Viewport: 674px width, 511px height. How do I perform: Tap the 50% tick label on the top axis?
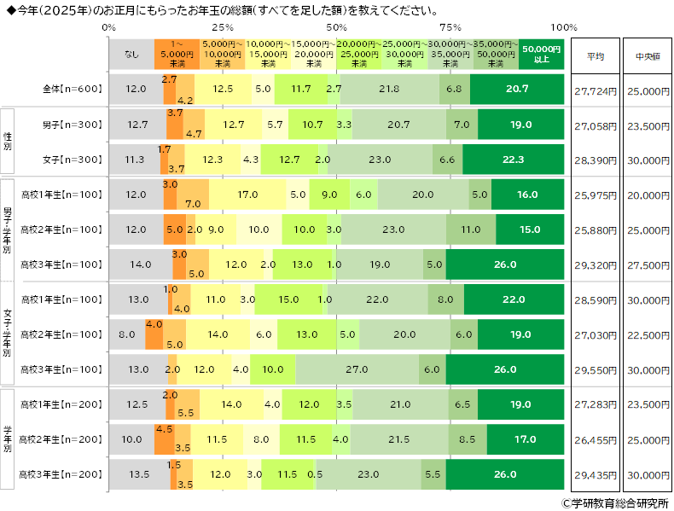(336, 27)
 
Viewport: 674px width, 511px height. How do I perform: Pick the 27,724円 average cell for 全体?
(596, 89)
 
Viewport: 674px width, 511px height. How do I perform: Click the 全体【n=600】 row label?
(73, 89)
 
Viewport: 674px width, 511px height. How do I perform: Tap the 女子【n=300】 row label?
(73, 160)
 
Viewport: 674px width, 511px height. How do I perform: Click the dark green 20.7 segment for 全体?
(516, 89)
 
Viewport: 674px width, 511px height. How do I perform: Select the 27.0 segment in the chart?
(357, 369)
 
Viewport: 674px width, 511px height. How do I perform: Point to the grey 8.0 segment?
(127, 334)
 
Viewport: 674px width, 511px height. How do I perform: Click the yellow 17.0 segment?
(247, 195)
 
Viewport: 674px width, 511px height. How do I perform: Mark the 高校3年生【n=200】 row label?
(62, 474)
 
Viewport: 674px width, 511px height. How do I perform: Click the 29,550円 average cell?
(596, 369)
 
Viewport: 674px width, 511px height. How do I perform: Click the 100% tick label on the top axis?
(564, 27)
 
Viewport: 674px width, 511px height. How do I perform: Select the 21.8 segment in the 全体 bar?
(390, 89)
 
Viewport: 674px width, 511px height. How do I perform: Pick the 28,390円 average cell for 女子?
(596, 160)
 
